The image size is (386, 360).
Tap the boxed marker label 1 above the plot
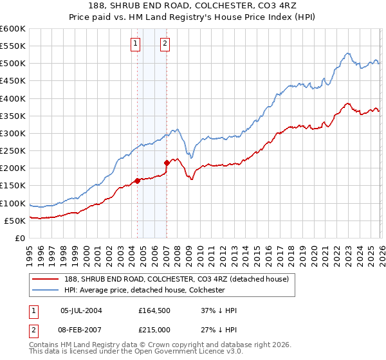coord(136,44)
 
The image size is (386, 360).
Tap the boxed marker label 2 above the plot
coord(165,44)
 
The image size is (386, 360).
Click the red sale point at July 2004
coord(138,181)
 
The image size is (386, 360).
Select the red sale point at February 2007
coord(167,163)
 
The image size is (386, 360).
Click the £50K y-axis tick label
coord(15,221)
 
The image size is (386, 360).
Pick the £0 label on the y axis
coord(19,238)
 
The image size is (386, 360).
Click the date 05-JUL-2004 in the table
coord(81,310)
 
